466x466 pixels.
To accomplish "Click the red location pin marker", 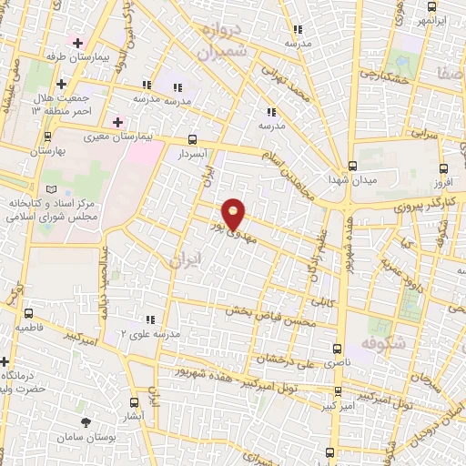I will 235,214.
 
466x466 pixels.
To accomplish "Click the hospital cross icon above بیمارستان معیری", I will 116,122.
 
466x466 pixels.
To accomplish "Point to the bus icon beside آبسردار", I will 191,140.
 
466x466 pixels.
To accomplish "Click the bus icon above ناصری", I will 339,349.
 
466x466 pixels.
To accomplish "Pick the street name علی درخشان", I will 288,358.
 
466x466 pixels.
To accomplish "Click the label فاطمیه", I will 29,326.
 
